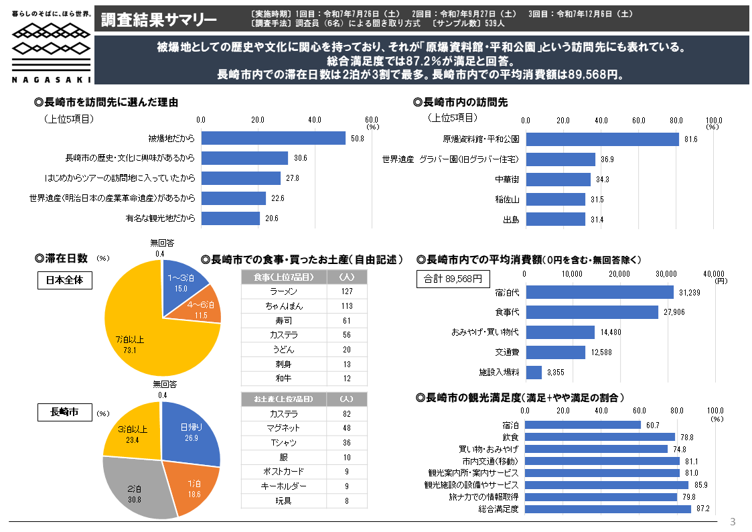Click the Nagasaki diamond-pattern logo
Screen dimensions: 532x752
(51, 48)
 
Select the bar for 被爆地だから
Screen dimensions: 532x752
(273, 138)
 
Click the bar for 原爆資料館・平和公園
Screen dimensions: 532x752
(602, 139)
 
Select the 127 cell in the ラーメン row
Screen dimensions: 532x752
(346, 291)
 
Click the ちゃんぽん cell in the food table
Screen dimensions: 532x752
(284, 306)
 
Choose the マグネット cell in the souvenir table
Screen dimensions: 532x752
(284, 428)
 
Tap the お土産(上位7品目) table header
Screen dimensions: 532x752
(284, 399)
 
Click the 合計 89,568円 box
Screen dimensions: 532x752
(453, 279)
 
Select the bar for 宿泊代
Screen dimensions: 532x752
(599, 292)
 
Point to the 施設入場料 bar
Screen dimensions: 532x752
(534, 372)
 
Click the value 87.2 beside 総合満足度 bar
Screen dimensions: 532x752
(702, 509)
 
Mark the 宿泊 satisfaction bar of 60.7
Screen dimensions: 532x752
(583, 425)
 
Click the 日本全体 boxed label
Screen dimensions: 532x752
(64, 280)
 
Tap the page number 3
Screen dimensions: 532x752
(732, 522)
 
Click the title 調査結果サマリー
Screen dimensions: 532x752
(159, 19)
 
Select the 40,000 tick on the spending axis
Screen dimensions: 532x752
(714, 273)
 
